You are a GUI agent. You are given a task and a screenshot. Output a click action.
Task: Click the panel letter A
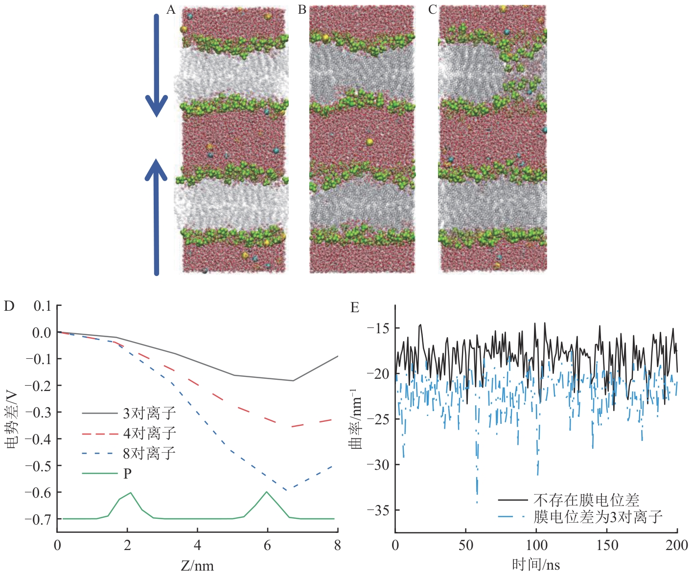tap(171, 10)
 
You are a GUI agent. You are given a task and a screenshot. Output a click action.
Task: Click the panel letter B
tap(302, 10)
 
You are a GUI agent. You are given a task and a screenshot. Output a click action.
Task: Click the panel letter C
tap(432, 10)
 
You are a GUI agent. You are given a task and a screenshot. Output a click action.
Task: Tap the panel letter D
tap(9, 306)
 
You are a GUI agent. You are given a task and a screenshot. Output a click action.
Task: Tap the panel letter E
tap(355, 307)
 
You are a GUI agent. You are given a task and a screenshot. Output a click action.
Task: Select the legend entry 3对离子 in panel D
tap(149, 414)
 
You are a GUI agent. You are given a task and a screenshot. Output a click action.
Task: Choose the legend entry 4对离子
tap(149, 434)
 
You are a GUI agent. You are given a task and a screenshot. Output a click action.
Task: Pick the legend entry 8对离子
tap(149, 453)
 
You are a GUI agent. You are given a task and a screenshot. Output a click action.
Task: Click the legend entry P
tap(127, 474)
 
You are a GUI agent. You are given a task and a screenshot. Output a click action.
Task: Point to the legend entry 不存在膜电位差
tap(586, 500)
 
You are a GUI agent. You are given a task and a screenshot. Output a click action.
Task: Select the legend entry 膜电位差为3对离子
tap(598, 517)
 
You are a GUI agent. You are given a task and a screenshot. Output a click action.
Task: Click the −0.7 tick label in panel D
tap(38, 519)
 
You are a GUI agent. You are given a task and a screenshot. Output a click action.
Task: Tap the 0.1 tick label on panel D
tap(42, 306)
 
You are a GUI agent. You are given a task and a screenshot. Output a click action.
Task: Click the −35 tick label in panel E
tap(378, 510)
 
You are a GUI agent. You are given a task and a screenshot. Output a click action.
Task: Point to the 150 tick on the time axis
tap(607, 545)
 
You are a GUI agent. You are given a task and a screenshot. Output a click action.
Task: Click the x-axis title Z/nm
tap(197, 566)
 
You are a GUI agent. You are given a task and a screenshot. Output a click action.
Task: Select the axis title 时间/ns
tap(536, 565)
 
